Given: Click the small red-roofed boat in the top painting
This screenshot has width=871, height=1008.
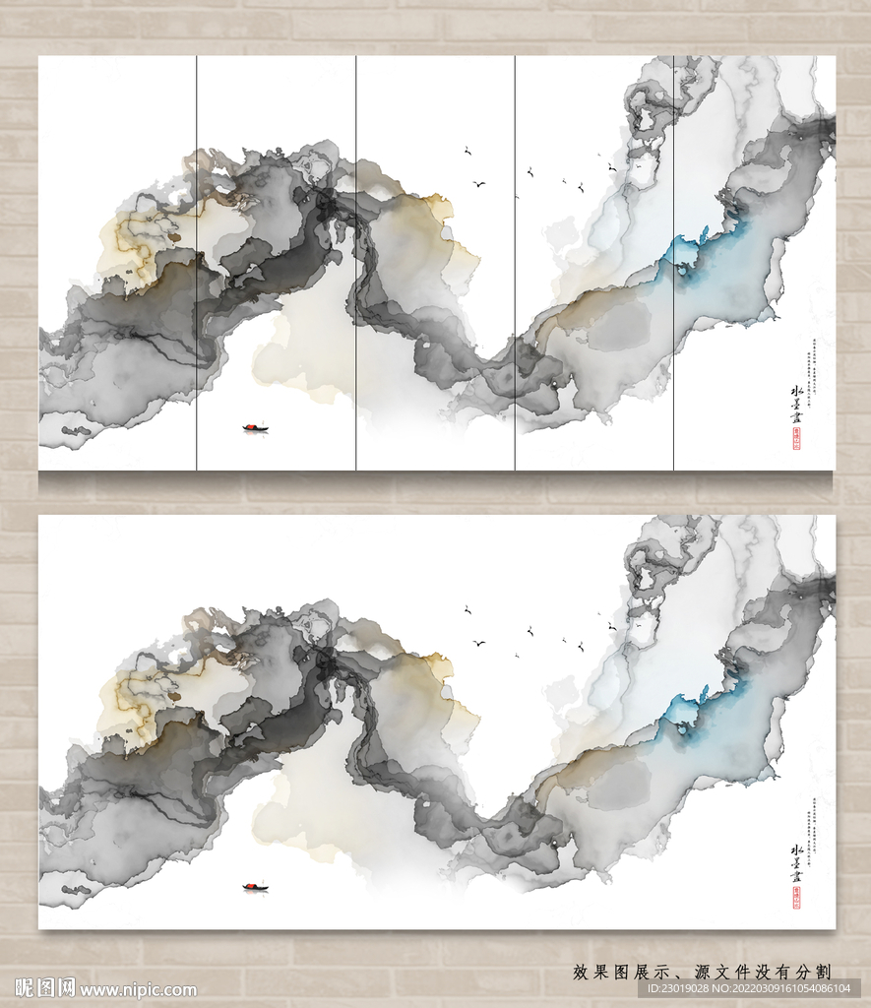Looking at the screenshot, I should pos(255,427).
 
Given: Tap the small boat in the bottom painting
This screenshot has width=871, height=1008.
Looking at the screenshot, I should pos(255,887).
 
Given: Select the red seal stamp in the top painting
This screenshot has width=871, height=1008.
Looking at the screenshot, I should pos(796,443).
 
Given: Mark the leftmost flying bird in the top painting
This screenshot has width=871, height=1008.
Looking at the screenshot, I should pos(467,151).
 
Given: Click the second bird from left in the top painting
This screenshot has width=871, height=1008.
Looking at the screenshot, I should pos(480,184).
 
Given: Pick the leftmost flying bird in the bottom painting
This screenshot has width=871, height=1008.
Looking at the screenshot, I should pos(467,610).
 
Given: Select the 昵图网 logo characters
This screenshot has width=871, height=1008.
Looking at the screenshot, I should pos(45,988).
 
